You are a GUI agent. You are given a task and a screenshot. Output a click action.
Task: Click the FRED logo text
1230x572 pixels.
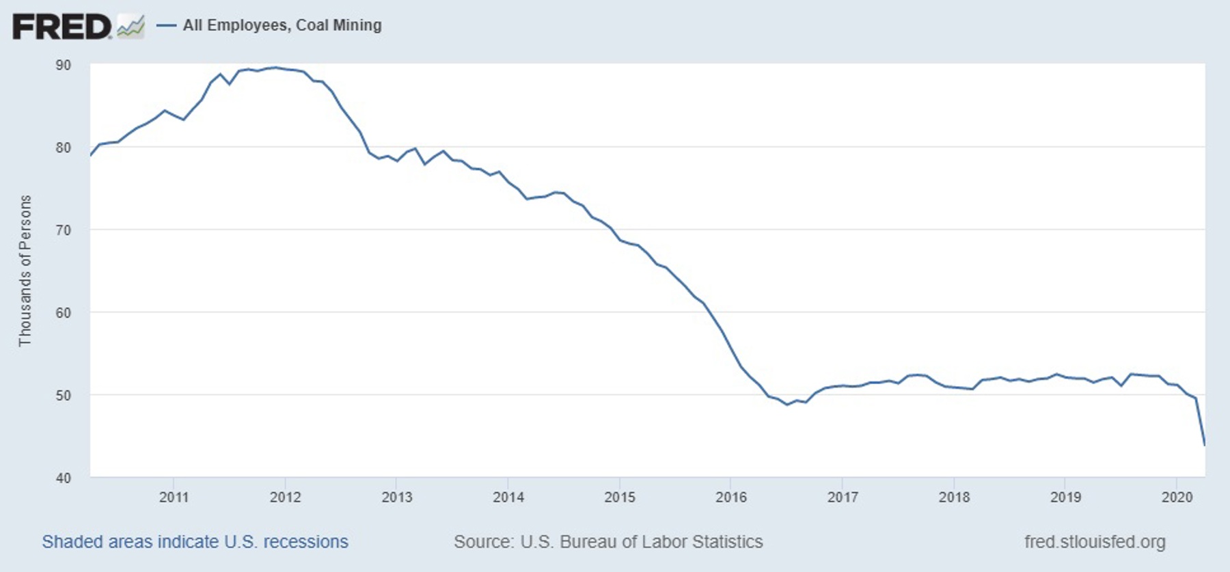(61, 26)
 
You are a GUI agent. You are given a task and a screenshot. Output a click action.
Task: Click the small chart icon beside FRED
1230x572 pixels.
(131, 27)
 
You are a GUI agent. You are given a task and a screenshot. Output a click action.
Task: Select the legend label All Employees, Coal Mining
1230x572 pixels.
(282, 25)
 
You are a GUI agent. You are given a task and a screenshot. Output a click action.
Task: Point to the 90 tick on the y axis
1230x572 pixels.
(63, 65)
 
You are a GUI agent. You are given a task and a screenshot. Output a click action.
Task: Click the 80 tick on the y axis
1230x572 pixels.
(63, 148)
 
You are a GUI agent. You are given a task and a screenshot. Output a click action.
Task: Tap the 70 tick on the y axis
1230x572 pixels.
(63, 230)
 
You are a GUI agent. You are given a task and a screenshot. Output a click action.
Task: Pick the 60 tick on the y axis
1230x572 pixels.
(63, 313)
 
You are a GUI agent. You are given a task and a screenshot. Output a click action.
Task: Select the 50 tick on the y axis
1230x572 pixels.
(63, 396)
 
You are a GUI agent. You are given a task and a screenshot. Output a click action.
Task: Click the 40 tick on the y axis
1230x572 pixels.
(63, 478)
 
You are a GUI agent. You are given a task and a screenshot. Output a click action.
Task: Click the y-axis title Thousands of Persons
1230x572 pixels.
(25, 271)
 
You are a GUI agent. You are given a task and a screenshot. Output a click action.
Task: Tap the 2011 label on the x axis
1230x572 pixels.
(174, 498)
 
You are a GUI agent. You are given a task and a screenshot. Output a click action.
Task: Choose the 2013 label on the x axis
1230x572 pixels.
(396, 498)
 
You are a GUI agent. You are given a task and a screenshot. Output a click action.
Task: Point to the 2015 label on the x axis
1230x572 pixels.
(619, 498)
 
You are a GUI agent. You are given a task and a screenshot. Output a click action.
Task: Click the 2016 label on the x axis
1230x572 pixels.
(730, 498)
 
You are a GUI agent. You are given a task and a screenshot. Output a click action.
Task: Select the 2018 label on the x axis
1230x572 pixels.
(953, 498)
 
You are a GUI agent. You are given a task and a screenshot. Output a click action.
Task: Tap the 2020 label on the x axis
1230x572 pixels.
(1177, 498)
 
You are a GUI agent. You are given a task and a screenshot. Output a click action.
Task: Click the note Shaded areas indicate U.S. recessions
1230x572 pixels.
(195, 542)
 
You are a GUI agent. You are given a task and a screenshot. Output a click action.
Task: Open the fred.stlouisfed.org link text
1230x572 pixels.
(1095, 542)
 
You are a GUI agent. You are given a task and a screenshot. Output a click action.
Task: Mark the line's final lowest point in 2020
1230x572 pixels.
(1204, 445)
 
